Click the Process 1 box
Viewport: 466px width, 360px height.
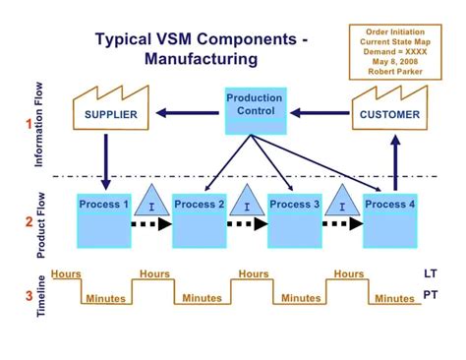[x=105, y=218]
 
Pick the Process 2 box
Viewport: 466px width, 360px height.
[x=200, y=218]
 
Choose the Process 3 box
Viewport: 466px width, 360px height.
[x=295, y=218]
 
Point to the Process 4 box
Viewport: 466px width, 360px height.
[x=390, y=218]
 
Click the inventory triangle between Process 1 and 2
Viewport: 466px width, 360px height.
[x=152, y=203]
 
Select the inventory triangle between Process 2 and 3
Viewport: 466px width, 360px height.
[x=248, y=203]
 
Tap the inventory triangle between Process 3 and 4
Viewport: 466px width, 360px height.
[x=342, y=203]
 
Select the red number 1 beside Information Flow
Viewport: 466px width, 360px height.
[x=29, y=124]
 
